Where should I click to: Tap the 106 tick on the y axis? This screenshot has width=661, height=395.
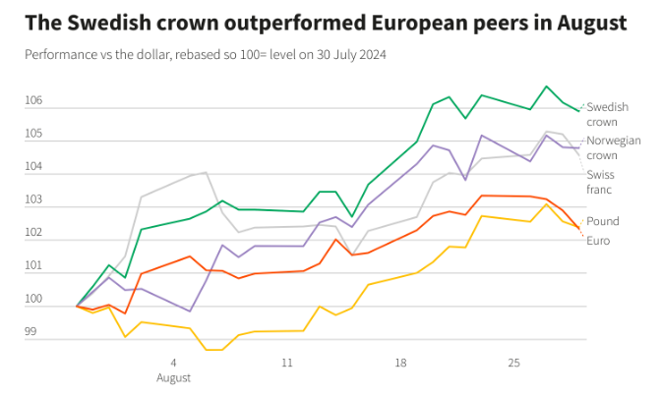(34, 100)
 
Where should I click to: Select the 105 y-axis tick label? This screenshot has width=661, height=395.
(34, 134)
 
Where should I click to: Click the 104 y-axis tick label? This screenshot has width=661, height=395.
(34, 167)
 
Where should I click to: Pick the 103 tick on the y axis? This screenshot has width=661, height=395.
(34, 200)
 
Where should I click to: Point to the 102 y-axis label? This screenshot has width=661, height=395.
(34, 233)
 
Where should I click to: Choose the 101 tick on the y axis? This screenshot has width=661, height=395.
(34, 266)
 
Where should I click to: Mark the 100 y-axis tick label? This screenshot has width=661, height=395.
(34, 300)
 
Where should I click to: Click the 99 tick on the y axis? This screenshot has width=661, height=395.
(30, 332)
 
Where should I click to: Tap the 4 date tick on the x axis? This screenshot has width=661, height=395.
(173, 363)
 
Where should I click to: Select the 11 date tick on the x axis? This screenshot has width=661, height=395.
(287, 363)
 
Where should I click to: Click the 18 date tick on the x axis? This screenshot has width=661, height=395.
(401, 363)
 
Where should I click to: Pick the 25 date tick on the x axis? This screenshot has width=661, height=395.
(514, 363)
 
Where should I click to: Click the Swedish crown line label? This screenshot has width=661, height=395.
(607, 114)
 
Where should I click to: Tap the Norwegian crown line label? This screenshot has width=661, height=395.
(613, 147)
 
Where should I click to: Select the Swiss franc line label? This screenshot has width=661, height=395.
(602, 182)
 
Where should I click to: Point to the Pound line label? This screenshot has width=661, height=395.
(603, 222)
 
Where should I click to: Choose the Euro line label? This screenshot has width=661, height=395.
(599, 241)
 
